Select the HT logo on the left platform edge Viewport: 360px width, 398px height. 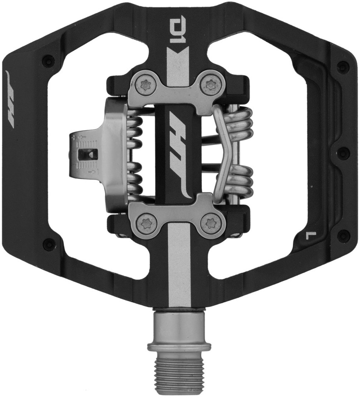point(11,99)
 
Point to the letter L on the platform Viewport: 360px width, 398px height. point(311,236)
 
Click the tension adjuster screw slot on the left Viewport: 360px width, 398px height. point(88,155)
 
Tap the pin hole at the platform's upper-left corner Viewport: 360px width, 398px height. point(49,61)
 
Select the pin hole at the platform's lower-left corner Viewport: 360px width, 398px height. point(49,244)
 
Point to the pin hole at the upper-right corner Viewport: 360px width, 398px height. point(343,66)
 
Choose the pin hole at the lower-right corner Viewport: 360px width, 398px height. point(343,236)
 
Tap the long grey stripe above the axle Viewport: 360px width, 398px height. point(180,265)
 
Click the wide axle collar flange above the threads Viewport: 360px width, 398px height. point(180,346)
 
